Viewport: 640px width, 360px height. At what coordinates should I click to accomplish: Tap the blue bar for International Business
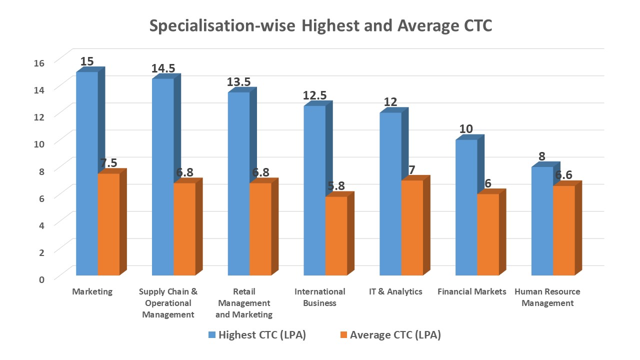point(314,190)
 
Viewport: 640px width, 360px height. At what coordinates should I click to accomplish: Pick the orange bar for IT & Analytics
point(412,227)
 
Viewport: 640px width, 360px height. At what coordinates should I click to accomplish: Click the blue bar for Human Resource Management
point(542,221)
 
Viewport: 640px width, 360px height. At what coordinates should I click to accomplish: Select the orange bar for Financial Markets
point(488,234)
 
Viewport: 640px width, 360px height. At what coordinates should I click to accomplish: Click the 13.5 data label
point(239,82)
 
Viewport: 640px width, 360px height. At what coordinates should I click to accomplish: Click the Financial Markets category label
point(471,291)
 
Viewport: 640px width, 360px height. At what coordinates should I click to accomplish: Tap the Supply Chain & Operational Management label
point(168,303)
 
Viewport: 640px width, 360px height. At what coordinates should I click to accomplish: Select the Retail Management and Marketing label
point(244,303)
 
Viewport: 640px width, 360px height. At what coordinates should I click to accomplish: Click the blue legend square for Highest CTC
point(211,335)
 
